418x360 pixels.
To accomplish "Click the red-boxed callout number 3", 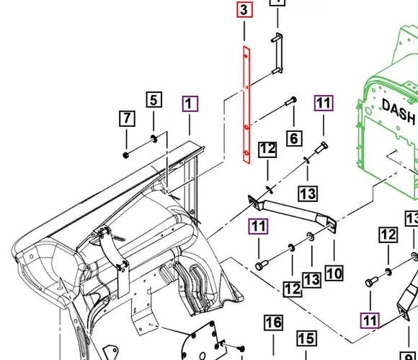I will click(244, 11).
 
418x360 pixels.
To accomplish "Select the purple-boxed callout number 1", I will click(190, 105).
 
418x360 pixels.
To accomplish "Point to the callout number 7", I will click(127, 118).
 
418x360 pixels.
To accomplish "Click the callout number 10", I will click(334, 273).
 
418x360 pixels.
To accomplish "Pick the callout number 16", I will click(273, 322).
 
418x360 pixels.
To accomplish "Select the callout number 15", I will click(307, 338).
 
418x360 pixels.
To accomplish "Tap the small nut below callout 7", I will click(126, 154).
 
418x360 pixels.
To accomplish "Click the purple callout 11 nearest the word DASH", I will click(324, 103).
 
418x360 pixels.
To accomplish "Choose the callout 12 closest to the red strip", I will click(267, 150).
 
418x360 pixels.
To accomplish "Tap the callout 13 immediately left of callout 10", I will click(311, 278).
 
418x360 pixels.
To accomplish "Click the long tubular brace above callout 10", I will click(295, 211).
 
